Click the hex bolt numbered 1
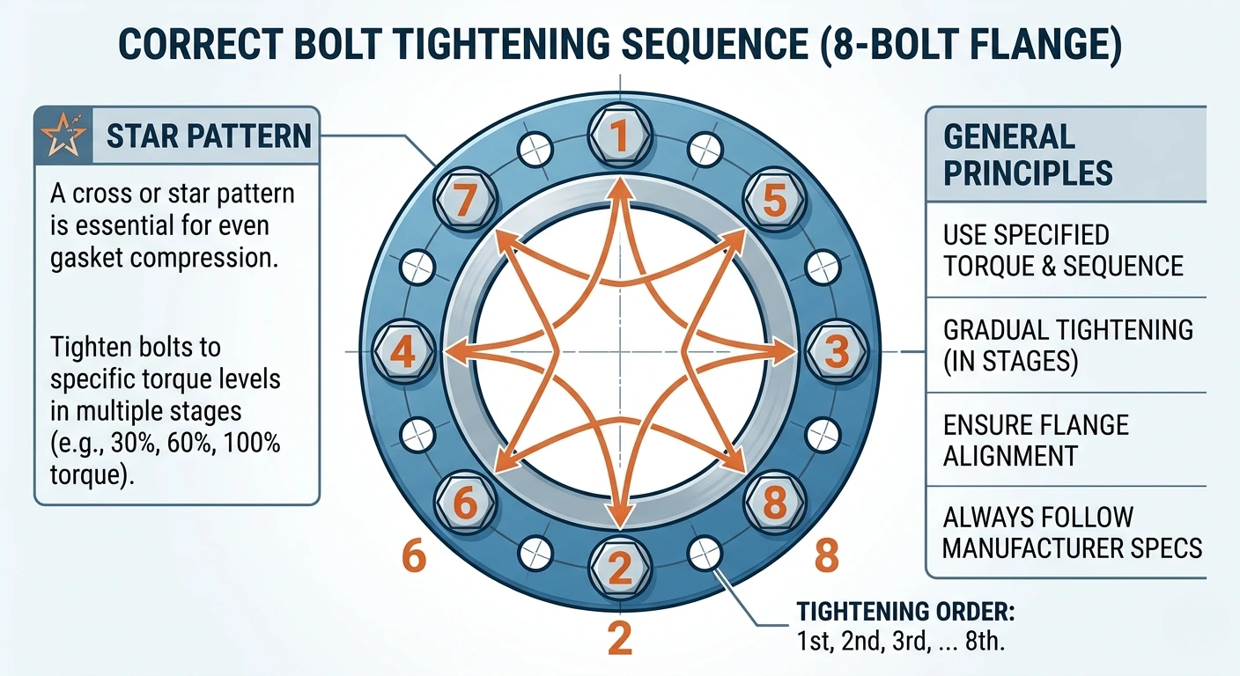(621, 136)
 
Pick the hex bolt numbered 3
(838, 351)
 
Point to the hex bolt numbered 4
(402, 353)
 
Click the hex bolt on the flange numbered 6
(464, 504)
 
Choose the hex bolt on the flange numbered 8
(774, 504)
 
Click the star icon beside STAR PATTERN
(63, 136)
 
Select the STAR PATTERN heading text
(209, 136)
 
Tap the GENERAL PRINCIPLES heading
(1028, 154)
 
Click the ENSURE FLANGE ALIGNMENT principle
(1035, 440)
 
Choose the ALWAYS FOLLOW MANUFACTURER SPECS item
(1072, 532)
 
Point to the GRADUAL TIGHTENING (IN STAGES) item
(1067, 346)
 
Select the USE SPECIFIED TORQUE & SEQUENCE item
(1063, 250)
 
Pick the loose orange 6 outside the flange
(414, 557)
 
